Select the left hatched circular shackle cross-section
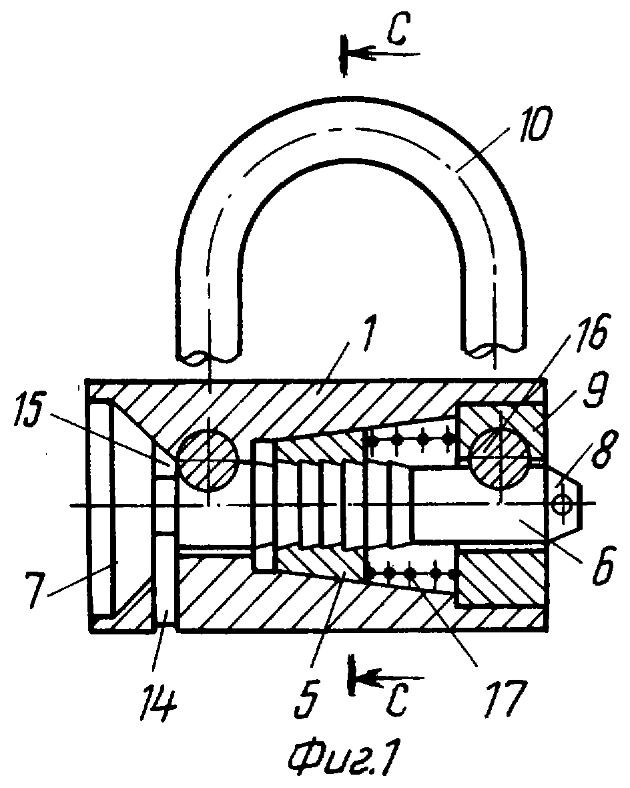click(208, 460)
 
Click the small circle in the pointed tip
click(561, 503)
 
